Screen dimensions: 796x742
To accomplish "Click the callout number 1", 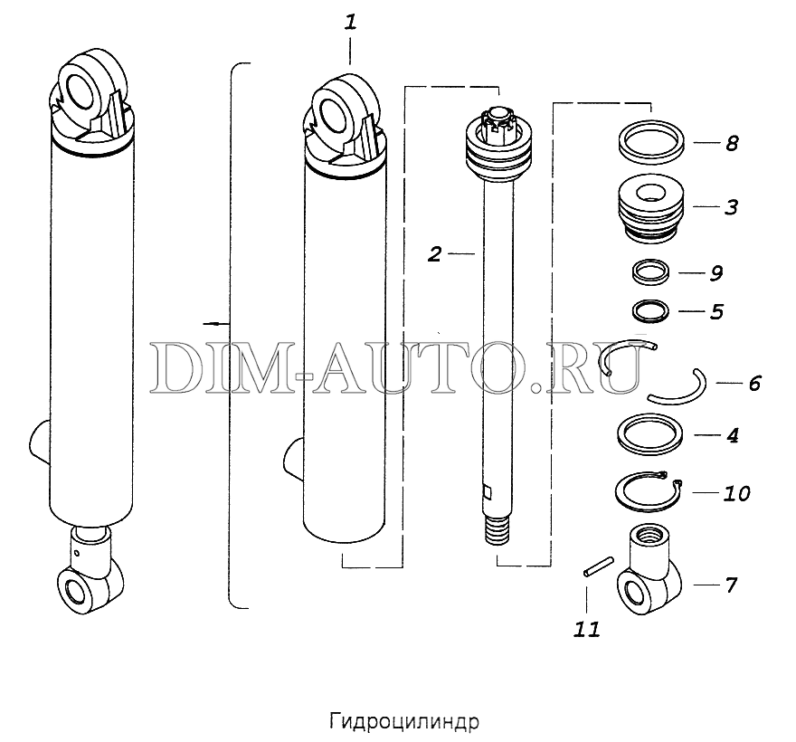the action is (351, 24).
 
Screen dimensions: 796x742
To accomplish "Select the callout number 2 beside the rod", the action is (434, 254).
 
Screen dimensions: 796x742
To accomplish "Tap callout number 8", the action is (731, 143).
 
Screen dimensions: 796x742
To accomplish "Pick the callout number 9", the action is (715, 273).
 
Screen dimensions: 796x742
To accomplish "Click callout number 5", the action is (716, 311).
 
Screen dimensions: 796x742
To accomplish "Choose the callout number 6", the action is (755, 383).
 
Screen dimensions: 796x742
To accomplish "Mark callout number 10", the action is (736, 493).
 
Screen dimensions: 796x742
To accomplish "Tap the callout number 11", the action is (587, 629).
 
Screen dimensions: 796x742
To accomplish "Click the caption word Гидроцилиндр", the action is (404, 722).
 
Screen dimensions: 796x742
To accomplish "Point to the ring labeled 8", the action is (650, 141).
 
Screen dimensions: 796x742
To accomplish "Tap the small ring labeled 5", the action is (650, 311).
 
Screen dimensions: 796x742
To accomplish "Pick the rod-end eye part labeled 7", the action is (649, 570).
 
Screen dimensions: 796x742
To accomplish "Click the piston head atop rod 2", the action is (498, 141).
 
